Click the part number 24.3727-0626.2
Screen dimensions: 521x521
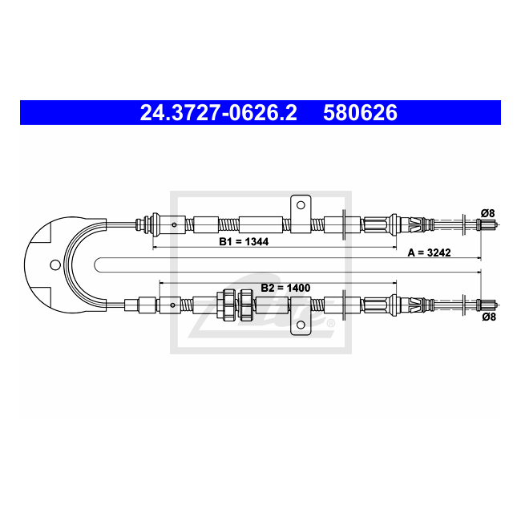[x=218, y=112]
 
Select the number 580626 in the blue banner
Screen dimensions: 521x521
[x=360, y=112]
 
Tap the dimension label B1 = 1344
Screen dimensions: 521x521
[x=244, y=241]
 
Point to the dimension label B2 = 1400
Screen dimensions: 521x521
[x=285, y=288]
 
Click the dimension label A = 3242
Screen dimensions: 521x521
[x=429, y=252]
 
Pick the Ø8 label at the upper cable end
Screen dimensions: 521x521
[x=487, y=213]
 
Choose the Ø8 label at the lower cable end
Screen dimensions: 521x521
[x=489, y=317]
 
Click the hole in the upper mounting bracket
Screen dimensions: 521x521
[x=301, y=205]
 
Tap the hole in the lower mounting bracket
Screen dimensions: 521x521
[x=301, y=325]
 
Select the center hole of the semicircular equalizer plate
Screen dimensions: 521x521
[x=55, y=265]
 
